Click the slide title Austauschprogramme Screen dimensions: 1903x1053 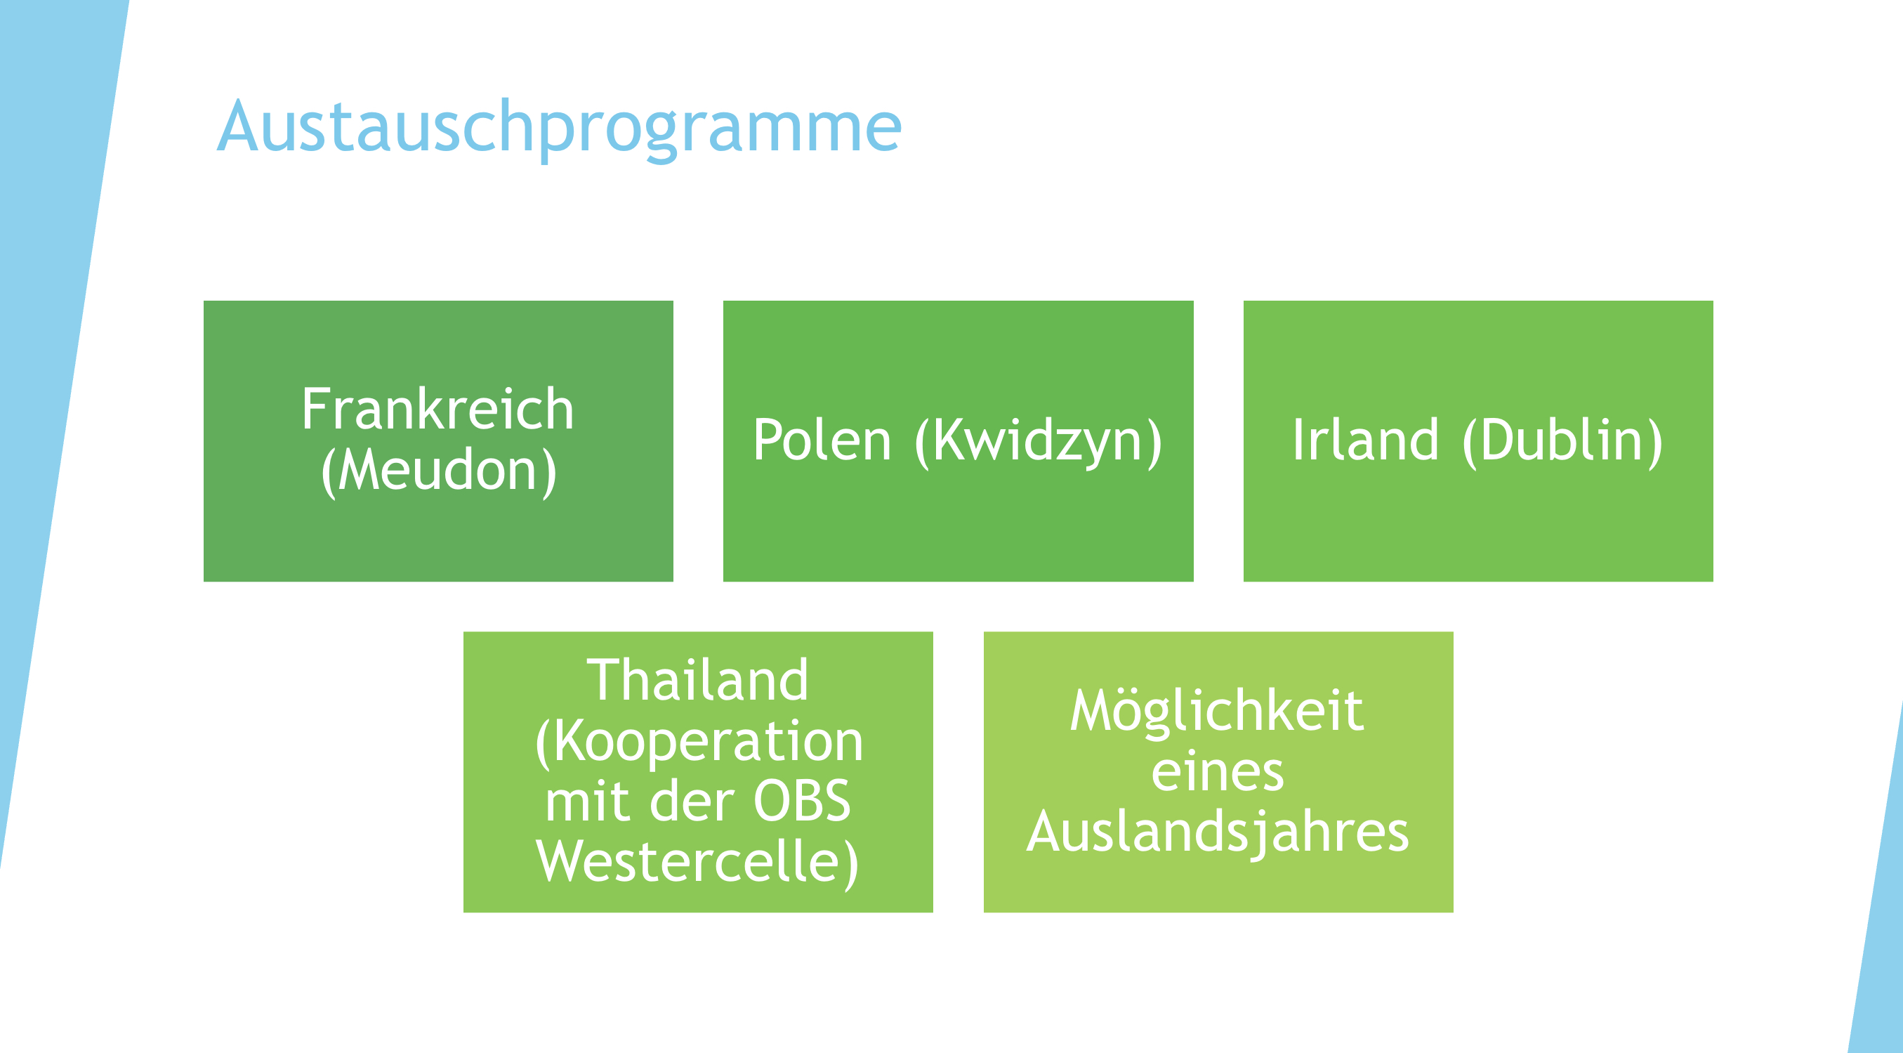coord(559,129)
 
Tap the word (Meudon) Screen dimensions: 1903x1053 coord(439,471)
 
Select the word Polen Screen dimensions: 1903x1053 coord(822,440)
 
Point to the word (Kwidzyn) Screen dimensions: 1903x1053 coord(1039,442)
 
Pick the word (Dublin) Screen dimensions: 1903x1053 coord(1562,442)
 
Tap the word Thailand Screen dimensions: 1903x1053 coord(697,680)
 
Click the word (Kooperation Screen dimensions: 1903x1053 coord(699,742)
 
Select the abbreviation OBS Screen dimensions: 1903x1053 coord(801,801)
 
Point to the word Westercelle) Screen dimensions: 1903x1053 coord(697,863)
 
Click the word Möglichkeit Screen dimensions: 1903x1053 coord(1217,711)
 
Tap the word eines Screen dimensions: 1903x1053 coord(1218,771)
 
